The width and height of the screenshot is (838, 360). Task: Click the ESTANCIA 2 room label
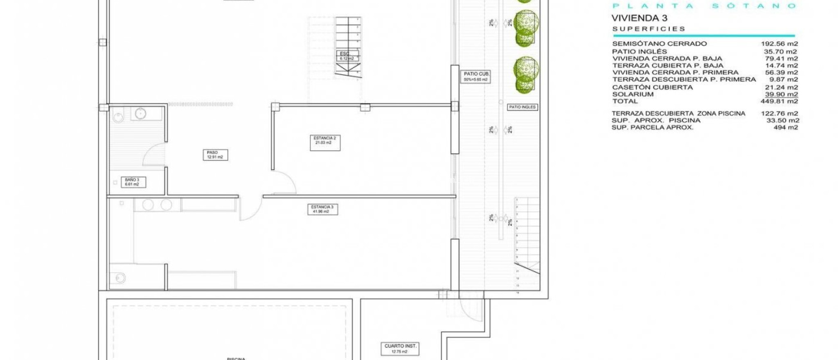point(325,141)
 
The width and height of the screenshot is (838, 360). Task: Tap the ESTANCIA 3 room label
point(322,209)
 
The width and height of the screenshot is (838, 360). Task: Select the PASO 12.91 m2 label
point(215,155)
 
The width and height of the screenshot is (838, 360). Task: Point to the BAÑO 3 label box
point(133,182)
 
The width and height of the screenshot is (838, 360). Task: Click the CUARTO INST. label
point(400,349)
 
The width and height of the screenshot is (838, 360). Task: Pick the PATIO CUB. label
point(475,76)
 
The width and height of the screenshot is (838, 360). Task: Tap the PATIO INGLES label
point(522,107)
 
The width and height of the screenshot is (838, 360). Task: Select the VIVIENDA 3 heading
point(639,18)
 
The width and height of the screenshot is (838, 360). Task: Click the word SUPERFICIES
point(649,29)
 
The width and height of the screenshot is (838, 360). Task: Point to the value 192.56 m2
point(779,44)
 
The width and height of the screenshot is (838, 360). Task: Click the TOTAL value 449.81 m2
point(779,101)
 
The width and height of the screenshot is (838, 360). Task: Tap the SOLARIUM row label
point(633,94)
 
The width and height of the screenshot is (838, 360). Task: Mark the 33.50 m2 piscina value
point(782,121)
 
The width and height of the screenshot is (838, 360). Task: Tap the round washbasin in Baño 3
point(140,113)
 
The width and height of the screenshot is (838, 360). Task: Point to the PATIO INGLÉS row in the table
point(639,52)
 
